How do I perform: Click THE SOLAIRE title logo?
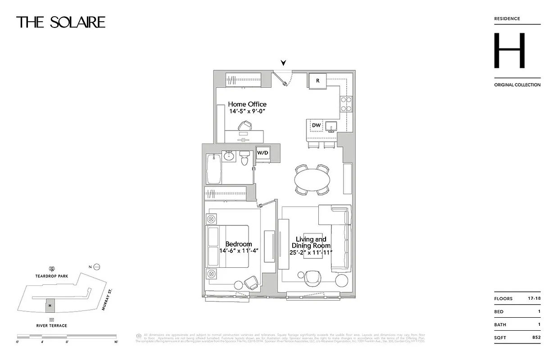pos(61,22)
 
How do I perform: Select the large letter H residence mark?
pos(509,50)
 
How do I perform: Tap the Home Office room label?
pos(247,104)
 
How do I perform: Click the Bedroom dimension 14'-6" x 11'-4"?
pos(239,251)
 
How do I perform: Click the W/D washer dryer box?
pos(263,153)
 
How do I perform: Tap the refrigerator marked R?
pos(317,81)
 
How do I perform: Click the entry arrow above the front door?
pos(283,63)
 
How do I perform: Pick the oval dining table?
pos(312,180)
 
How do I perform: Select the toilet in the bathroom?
pos(245,157)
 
